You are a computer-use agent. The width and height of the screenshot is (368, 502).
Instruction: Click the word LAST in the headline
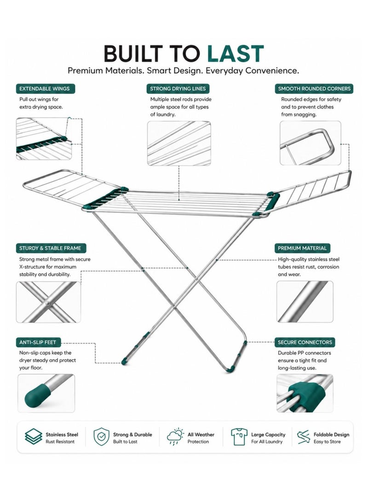click(235, 53)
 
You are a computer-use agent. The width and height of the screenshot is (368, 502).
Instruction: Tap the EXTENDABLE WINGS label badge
click(45, 89)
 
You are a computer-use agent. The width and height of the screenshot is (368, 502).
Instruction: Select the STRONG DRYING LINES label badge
click(178, 89)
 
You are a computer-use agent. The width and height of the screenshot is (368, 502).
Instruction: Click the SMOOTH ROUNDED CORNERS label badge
click(314, 89)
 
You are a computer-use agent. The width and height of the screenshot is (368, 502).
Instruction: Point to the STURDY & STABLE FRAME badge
click(51, 248)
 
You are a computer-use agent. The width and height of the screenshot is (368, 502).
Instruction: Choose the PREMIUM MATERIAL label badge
click(302, 248)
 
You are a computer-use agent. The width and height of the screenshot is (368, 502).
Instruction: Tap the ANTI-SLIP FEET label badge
click(38, 342)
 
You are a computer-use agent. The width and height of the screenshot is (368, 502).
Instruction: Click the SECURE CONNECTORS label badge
click(305, 342)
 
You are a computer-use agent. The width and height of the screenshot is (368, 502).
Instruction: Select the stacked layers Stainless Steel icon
click(33, 437)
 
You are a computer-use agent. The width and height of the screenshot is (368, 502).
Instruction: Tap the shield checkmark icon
click(102, 437)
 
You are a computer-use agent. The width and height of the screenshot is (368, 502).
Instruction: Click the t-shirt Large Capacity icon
click(239, 437)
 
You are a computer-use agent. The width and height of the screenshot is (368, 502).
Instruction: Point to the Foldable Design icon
click(303, 437)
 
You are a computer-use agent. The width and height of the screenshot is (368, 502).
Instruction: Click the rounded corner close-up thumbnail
click(310, 143)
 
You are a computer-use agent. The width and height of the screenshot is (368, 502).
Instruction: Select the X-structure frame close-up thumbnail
click(48, 302)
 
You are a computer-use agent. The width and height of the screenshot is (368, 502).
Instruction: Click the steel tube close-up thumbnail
click(305, 301)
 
